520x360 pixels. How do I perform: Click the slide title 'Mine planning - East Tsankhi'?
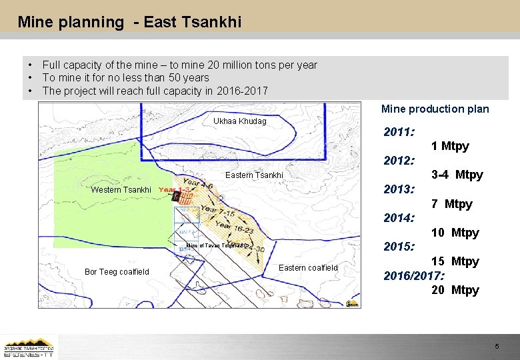coord(129,22)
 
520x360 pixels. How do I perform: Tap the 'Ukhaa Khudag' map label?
coord(239,121)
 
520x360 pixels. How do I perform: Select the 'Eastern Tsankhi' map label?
coord(254,175)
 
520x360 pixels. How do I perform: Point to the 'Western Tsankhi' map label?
coord(121,190)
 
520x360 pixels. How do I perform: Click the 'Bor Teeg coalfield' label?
coord(117,271)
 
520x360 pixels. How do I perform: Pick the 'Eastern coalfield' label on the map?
coord(308,267)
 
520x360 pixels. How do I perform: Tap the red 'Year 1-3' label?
coord(176,190)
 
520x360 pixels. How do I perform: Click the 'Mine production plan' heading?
coord(435,109)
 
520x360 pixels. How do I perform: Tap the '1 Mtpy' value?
coord(450,146)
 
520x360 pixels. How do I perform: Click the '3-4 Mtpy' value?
coord(457,175)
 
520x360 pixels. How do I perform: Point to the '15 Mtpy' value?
coord(455,261)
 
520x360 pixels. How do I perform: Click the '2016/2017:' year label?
coord(414,275)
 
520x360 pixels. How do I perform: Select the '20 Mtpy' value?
coord(455,290)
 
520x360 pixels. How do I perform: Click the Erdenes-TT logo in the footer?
coord(29,348)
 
